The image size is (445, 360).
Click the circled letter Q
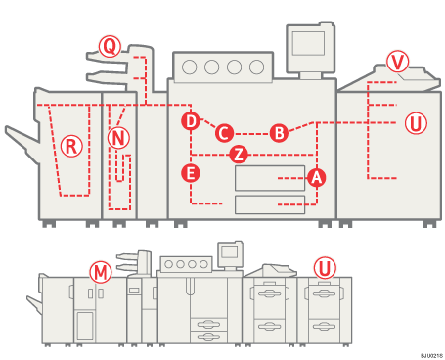coord(110,46)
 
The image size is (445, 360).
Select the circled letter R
coord(70,146)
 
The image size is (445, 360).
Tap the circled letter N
coord(118,138)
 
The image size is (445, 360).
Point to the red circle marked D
coord(191,120)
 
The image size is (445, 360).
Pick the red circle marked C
coord(224,132)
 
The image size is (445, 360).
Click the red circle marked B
coord(279,132)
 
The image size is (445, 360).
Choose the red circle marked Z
coord(238,155)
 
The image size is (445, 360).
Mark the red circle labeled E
coord(191,173)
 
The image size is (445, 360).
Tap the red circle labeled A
coord(316,177)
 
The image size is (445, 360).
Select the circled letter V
coord(396,61)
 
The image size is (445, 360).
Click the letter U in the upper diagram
coord(416,123)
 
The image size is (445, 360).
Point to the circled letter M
coord(100,271)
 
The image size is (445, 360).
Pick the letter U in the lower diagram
coord(324,267)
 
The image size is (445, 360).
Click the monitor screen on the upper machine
coord(307,43)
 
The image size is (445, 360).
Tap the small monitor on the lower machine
coord(230,251)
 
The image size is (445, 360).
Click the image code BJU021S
coord(431,354)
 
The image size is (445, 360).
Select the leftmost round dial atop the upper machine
coord(190,67)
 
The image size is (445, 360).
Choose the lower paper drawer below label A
coord(269,203)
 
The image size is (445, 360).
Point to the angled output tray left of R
coord(22,143)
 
